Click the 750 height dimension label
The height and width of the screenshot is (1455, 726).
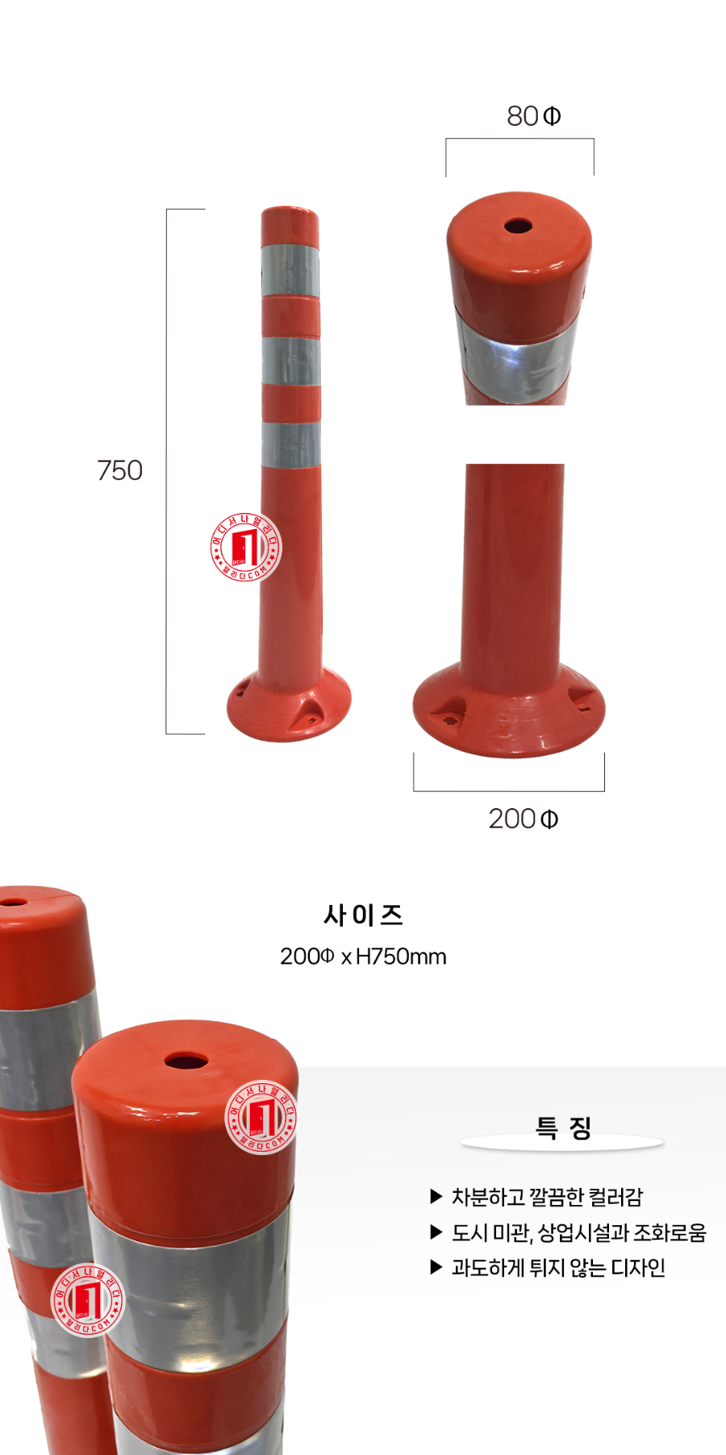tap(119, 470)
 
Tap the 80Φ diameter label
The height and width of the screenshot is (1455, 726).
tap(533, 117)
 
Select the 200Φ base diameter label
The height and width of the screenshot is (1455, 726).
tap(523, 819)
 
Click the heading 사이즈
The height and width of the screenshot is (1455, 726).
tap(363, 915)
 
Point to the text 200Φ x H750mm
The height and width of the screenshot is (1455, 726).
tap(363, 957)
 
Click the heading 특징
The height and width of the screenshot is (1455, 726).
tap(563, 1128)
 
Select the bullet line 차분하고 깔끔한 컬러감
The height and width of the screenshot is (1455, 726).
tap(546, 1197)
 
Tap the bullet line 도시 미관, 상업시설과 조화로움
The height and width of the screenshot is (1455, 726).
tap(578, 1232)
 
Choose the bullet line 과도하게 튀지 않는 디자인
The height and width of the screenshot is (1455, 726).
tap(557, 1268)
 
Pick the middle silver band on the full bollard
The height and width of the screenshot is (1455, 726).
tap(290, 360)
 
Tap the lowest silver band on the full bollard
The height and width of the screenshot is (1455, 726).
tap(290, 444)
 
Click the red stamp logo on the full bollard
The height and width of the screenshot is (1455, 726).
tap(245, 548)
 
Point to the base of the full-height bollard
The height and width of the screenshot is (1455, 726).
tap(289, 706)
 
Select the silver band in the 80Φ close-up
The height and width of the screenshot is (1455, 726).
tap(516, 359)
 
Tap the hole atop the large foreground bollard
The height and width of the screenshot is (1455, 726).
tap(186, 1060)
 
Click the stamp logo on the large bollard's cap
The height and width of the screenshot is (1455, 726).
tap(261, 1118)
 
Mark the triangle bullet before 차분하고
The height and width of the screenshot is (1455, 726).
tap(436, 1197)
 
